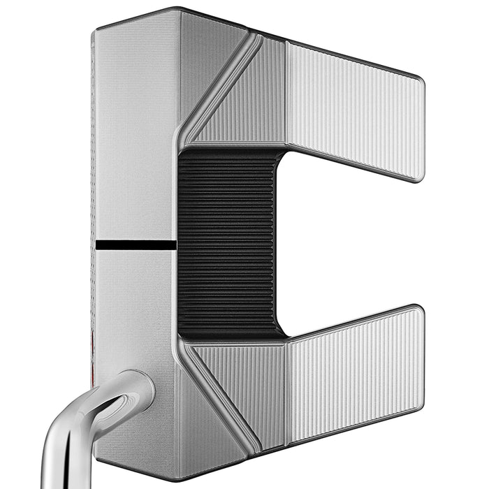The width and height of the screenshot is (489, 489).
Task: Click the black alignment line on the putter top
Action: pyautogui.click(x=135, y=245)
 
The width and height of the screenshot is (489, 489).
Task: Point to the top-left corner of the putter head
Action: pyautogui.click(x=96, y=29)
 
